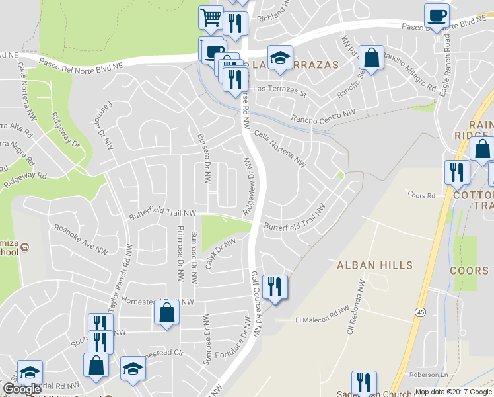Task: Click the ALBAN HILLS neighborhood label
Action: tap(374, 265)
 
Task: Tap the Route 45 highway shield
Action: tap(421, 311)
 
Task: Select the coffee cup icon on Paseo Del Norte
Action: tap(437, 16)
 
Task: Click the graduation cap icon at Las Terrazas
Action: tap(279, 58)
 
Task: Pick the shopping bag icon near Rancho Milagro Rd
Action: tap(372, 58)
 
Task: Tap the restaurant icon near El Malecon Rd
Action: tap(274, 287)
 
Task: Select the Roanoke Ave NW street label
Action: tap(81, 239)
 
